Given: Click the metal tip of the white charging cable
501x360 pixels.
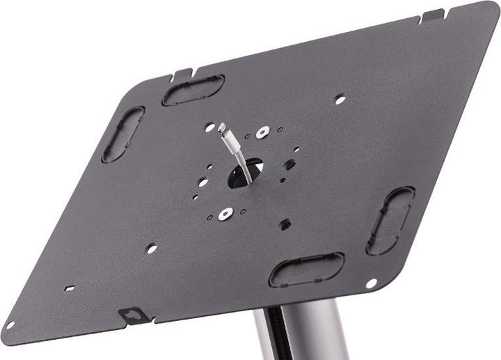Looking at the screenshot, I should pos(222,129).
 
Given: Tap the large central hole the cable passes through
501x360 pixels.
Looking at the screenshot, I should pos(245,172).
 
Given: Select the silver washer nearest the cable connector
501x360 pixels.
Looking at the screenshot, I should pos(262,132).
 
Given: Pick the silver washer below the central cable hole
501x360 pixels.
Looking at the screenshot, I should pos(224,214).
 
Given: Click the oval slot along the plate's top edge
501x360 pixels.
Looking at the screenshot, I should pos(193,91).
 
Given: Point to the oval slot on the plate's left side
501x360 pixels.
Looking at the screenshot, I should pos(123,134).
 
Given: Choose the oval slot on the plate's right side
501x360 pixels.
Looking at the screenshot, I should pos(390,221).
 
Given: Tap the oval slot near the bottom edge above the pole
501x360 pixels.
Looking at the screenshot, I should pos(307,269).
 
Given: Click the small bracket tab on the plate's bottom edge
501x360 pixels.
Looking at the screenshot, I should pos(133,315).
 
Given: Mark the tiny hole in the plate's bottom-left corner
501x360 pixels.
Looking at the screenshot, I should pos(10,325).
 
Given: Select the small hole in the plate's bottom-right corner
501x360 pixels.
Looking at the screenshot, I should pos(372,283).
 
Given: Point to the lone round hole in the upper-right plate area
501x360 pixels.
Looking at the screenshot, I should pos(340,100).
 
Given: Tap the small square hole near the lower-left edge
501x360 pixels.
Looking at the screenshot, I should pos(69,288).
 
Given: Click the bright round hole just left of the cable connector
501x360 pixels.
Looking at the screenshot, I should pos(209,127).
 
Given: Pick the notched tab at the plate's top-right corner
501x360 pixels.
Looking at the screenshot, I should pos(432,15).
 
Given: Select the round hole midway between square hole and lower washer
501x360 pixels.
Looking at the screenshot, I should pos(152,247).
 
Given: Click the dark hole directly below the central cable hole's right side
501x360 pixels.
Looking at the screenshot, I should pos(285,224).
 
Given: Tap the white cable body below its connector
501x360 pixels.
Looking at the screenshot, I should pos(235,157).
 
